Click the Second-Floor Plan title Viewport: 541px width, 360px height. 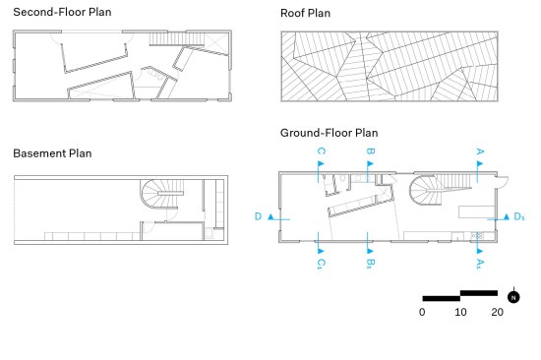(62, 12)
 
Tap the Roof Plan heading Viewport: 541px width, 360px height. (305, 13)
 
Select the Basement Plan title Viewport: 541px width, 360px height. (52, 153)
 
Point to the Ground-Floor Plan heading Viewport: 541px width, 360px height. (329, 133)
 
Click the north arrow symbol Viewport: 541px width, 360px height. (513, 297)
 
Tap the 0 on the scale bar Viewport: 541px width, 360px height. (422, 312)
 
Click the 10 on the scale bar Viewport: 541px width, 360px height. (460, 312)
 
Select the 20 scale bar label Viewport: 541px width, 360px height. (497, 312)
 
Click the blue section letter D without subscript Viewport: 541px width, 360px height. (258, 216)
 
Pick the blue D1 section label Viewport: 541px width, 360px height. (519, 216)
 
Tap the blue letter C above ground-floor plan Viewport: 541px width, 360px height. (321, 151)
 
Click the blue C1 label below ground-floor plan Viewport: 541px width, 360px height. (321, 264)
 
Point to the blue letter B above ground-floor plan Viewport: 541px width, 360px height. (370, 151)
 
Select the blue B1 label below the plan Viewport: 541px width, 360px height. (370, 264)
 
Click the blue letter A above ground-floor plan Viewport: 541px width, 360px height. (480, 151)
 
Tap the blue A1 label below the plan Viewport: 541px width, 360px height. (480, 264)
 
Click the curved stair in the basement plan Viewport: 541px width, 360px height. (151, 194)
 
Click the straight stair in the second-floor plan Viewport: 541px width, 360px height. (177, 38)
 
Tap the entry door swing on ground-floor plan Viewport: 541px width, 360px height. (502, 182)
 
